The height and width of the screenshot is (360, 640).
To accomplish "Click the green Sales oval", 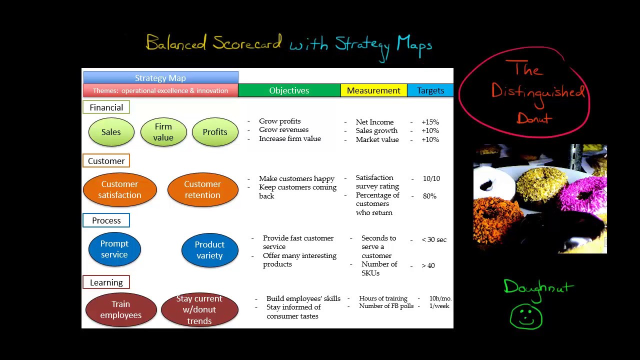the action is point(111,132).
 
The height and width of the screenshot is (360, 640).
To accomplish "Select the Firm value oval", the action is point(163,132).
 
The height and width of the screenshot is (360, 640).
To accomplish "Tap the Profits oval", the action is point(215,132).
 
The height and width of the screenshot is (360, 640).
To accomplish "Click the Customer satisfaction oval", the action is point(120,189).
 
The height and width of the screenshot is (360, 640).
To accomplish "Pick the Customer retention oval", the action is point(203,189).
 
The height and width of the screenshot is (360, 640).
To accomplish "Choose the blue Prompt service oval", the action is point(114,249).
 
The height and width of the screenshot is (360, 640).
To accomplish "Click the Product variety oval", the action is point(210,250).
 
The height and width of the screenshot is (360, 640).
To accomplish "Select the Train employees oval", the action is point(121,309).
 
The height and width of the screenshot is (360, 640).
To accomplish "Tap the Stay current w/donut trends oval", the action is point(199,309).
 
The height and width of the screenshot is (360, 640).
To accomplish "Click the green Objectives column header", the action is point(289,90).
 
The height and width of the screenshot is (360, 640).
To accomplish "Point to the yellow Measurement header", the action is point(373,90).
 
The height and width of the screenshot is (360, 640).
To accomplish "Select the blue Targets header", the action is point(430,90).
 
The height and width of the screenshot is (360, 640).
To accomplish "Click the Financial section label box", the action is point(106,107).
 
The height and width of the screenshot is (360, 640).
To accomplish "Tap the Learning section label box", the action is point(106,282).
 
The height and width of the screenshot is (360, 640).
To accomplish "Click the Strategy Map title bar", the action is point(161,77).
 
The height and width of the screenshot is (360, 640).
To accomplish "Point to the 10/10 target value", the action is point(431,178).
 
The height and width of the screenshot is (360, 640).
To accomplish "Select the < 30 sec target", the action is point(434,239).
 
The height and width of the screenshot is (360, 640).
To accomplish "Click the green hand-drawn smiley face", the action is point(526,316).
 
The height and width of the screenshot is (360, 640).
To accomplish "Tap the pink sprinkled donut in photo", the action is point(583,194).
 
